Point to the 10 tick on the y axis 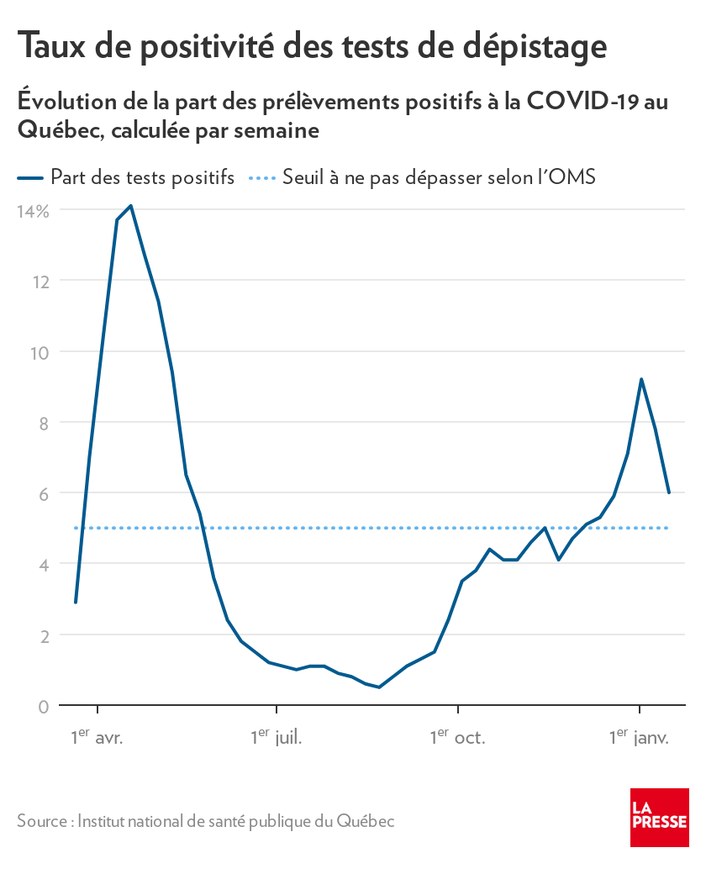tap(38, 352)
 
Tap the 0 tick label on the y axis tap(42, 706)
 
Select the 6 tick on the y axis tap(42, 494)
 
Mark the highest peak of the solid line tap(130, 205)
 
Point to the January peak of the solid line tap(641, 379)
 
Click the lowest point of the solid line tap(379, 687)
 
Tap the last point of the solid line tap(669, 492)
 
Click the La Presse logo tap(659, 818)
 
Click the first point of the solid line tap(76, 603)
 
